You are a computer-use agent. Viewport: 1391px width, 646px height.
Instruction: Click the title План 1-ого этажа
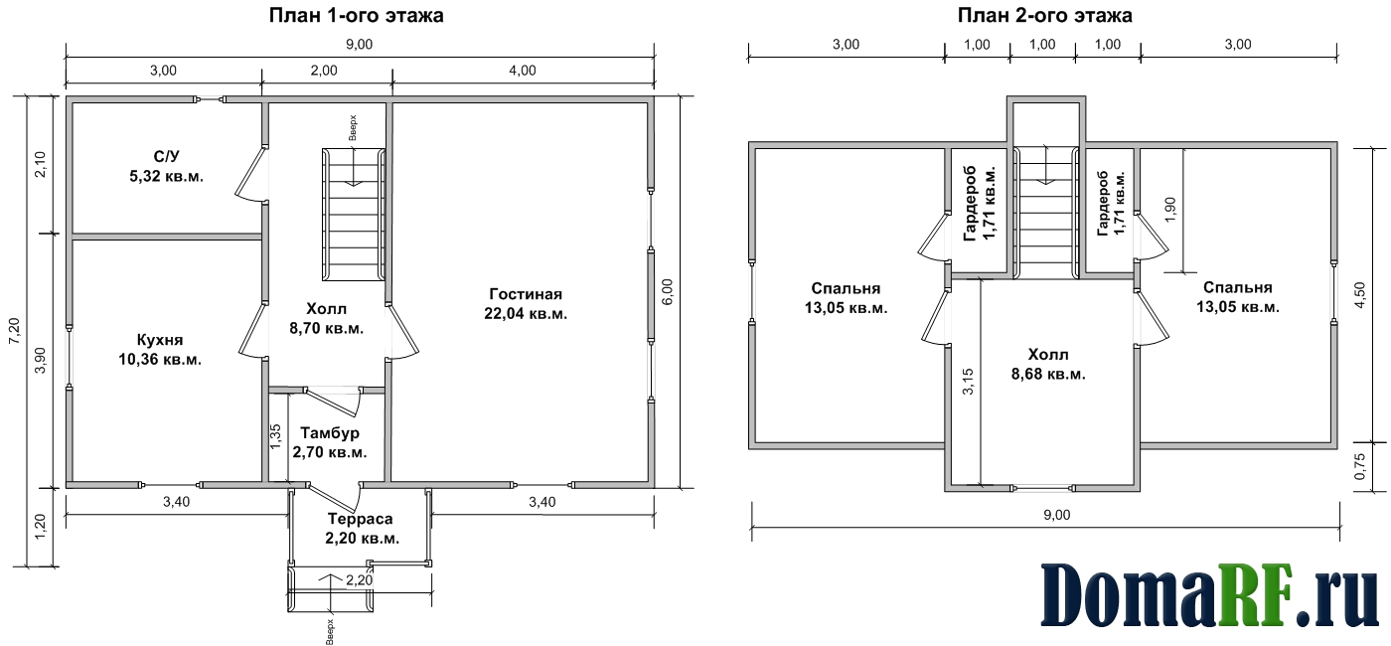[356, 15]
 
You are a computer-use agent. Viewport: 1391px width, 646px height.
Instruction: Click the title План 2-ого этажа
[1044, 15]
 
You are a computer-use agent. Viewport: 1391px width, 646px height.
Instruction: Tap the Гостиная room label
[526, 293]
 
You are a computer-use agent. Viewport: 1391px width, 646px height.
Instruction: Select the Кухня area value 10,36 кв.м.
[160, 360]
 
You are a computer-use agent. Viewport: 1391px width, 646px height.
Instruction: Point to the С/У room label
[167, 157]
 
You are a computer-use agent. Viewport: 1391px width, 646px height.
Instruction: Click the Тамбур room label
[330, 432]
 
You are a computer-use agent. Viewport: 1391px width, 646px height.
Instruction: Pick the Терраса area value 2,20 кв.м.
[362, 538]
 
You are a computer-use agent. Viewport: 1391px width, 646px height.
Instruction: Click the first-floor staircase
[354, 214]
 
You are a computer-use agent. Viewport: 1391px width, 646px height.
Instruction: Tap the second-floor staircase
[1045, 213]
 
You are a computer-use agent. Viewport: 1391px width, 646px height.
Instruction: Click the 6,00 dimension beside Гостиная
[667, 291]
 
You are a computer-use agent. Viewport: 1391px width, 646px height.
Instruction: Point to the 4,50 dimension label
[1360, 295]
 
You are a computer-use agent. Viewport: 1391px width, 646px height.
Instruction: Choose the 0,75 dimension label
[1360, 466]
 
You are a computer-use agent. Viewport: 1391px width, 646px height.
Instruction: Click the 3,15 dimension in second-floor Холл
[968, 382]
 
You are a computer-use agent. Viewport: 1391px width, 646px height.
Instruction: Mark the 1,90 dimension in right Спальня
[1170, 210]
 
